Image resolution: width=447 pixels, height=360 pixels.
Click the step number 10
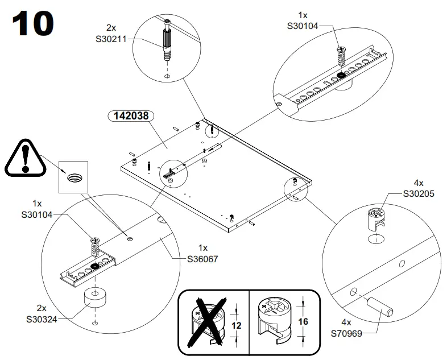tap(32, 24)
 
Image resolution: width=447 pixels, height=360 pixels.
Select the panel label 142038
tap(131, 115)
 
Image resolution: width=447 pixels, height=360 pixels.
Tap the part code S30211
tap(111, 39)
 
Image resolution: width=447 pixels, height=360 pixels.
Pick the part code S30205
tap(419, 193)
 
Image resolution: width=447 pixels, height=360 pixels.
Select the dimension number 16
tap(303, 322)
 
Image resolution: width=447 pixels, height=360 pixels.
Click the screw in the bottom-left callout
tap(93, 247)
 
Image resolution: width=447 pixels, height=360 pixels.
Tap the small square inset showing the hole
tap(75, 177)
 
